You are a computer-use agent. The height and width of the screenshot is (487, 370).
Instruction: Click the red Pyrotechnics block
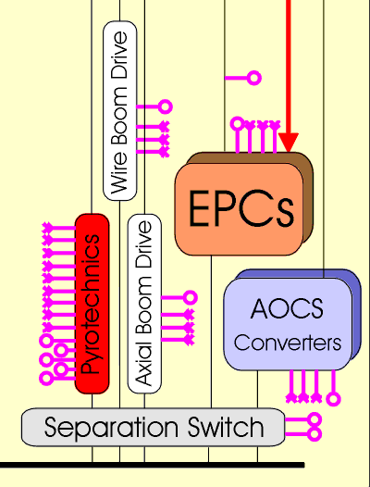[x=92, y=304]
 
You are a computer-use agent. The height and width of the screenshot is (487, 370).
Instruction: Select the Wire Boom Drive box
[x=120, y=111]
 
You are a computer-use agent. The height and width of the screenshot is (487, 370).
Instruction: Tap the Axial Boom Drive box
[x=144, y=304]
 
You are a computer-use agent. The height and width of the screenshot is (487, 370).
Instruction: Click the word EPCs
[x=240, y=208]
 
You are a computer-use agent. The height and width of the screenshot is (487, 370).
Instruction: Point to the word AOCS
[x=287, y=308]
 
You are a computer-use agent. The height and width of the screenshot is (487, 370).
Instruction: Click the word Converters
[x=288, y=343]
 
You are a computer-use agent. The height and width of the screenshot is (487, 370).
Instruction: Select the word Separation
[x=111, y=429]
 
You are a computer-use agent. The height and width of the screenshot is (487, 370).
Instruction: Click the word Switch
[x=226, y=427]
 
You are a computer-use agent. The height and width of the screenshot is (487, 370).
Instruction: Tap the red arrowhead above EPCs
[x=289, y=143]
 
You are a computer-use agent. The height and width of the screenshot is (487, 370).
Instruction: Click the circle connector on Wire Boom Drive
[x=166, y=106]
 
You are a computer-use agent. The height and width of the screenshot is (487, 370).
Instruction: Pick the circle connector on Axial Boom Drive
[x=191, y=297]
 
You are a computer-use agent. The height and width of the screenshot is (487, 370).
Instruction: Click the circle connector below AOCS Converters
[x=333, y=399]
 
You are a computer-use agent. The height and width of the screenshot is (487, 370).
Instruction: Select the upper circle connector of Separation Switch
[x=314, y=420]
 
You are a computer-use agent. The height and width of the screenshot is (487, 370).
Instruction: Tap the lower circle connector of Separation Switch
[x=314, y=434]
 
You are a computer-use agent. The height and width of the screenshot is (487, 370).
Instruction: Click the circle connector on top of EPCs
[x=238, y=124]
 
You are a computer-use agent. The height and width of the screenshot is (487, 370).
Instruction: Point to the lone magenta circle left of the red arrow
[x=254, y=78]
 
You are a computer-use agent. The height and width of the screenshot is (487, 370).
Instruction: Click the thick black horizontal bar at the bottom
[x=152, y=465]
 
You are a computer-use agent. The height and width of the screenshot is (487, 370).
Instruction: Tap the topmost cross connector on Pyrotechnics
[x=47, y=228]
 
